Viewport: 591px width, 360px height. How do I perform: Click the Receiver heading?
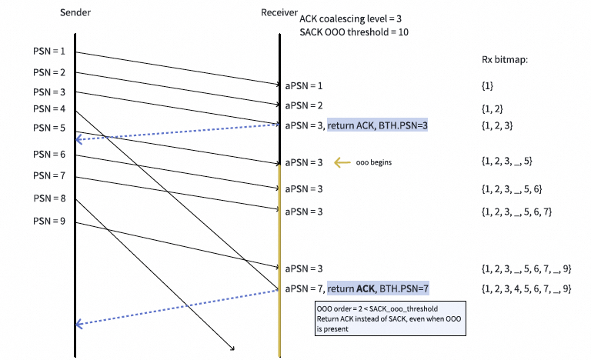(x=276, y=13)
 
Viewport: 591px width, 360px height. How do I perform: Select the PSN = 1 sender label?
(x=48, y=52)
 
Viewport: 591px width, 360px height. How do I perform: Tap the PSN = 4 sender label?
(x=48, y=109)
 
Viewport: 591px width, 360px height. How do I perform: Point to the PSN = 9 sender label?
(x=48, y=222)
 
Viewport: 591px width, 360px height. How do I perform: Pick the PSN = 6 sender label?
(x=48, y=155)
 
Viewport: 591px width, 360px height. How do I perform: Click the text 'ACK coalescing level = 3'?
(x=348, y=18)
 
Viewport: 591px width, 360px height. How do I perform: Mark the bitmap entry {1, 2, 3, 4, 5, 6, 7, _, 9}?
(x=523, y=289)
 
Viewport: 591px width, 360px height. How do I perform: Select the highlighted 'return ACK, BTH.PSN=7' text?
(x=378, y=289)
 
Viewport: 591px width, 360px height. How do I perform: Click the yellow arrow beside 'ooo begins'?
(x=341, y=163)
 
